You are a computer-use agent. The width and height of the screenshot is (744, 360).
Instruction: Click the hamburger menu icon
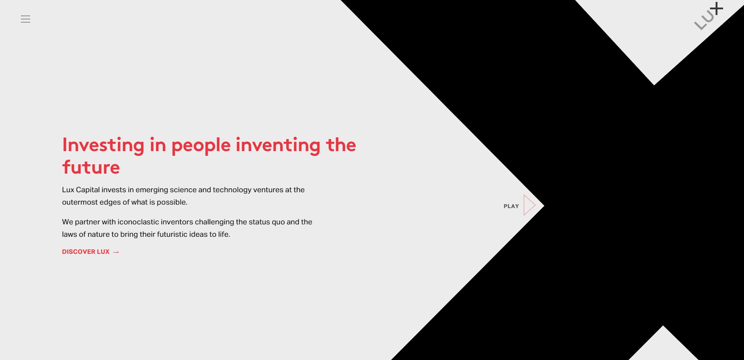26,19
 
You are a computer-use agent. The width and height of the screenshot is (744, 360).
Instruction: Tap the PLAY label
511,206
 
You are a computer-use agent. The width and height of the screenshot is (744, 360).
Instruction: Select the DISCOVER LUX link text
86,252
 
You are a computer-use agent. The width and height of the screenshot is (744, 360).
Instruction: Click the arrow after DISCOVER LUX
116,252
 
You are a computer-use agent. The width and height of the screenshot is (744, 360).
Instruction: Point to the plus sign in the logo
717,9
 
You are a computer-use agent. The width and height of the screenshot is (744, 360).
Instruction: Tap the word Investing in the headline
103,145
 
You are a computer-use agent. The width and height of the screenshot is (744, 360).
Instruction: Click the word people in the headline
201,146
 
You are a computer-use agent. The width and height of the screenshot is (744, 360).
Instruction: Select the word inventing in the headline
278,145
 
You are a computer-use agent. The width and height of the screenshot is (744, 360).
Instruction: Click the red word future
91,167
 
